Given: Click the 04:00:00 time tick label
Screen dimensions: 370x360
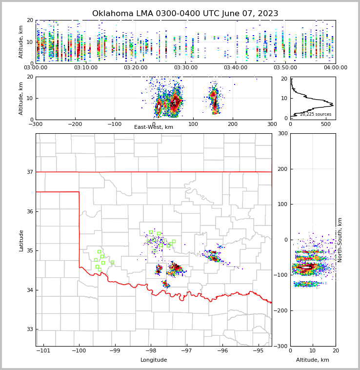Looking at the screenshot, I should (x=335, y=68).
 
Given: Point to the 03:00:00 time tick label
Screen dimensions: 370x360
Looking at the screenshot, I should (x=36, y=68).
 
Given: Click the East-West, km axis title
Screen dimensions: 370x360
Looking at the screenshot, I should (x=154, y=127).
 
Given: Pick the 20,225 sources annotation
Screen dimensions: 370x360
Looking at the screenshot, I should (x=316, y=114).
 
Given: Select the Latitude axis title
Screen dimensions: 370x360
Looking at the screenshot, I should (x=21, y=240).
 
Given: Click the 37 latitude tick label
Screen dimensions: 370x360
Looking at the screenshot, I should (x=29, y=172).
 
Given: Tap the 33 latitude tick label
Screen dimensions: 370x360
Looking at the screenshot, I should (x=29, y=329).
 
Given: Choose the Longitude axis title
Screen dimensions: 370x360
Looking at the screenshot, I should (x=154, y=360).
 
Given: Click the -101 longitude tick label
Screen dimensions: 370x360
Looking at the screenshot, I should (x=43, y=351).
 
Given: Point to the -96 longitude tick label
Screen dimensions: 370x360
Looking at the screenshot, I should (x=222, y=351).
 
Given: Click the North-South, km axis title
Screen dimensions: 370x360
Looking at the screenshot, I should (x=340, y=240).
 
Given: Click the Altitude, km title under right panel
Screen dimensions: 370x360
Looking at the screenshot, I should (x=313, y=360).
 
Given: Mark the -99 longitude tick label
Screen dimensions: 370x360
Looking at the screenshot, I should (x=115, y=351).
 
